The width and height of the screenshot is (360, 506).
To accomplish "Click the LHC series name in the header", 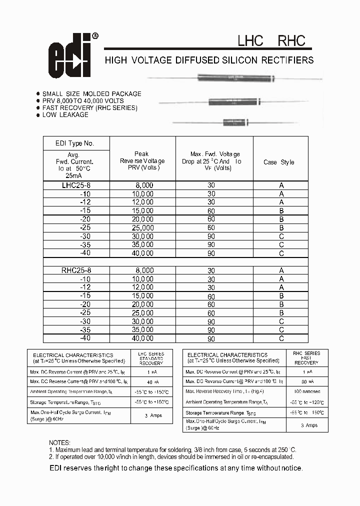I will (x=250, y=40).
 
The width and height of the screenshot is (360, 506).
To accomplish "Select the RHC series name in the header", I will (x=291, y=40).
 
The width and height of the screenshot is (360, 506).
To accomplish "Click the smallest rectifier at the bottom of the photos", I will (x=234, y=121).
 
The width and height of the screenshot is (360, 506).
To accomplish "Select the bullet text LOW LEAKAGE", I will (x=65, y=115).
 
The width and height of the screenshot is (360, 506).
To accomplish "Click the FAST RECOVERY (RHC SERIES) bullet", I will (x=89, y=108).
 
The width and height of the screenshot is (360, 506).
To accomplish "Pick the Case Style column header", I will (x=278, y=162).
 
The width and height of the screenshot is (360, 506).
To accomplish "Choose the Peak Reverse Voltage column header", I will (x=142, y=161).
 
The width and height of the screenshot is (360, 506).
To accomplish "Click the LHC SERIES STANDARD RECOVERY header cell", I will (x=150, y=358).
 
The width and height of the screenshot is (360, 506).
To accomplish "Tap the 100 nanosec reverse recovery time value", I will (x=307, y=391).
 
